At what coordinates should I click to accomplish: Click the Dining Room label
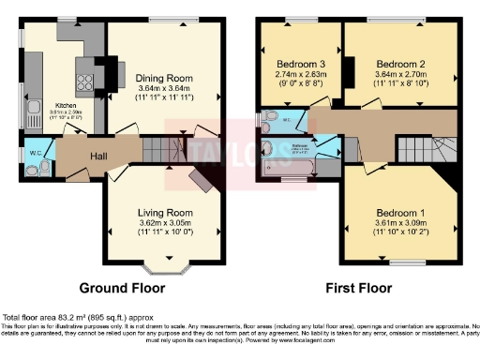(164, 78)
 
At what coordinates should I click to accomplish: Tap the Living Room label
(165, 213)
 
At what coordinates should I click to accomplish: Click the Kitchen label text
(65, 106)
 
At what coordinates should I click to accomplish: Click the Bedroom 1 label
(400, 213)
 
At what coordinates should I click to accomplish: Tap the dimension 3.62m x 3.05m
(165, 224)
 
